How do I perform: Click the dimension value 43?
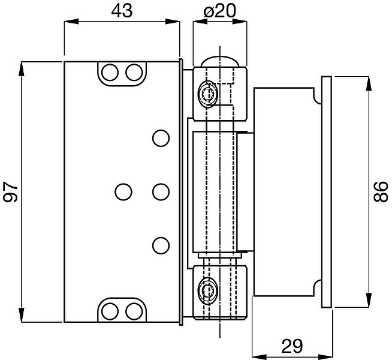point(122,11)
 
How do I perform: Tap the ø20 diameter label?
point(220,11)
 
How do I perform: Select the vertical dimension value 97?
point(11,191)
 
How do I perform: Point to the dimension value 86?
point(381,191)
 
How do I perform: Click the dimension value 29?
point(292,346)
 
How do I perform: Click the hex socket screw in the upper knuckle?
point(207,94)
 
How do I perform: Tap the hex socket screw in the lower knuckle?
point(207,291)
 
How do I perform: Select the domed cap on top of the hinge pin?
point(220,62)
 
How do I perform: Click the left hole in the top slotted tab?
point(110,73)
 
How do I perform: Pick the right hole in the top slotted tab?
point(134,73)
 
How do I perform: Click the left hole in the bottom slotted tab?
point(110,311)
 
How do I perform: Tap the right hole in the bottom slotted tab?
point(134,311)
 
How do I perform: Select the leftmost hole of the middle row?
point(123,192)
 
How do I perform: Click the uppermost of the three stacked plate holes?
point(161,138)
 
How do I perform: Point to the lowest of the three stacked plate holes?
point(161,245)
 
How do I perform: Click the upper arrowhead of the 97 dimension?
point(21,68)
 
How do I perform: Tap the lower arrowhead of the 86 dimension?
point(369,300)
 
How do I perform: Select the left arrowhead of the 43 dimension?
point(71,22)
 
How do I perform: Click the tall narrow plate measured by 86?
point(327,192)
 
